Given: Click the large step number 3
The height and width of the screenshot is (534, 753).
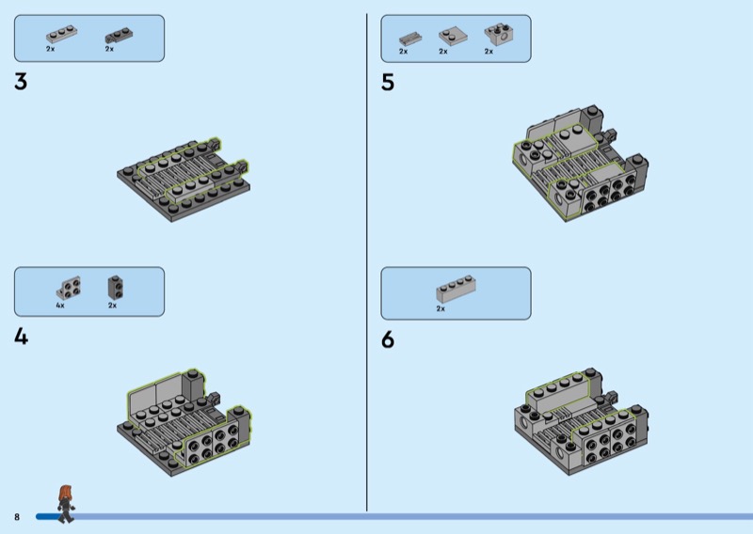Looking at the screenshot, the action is [x=21, y=81].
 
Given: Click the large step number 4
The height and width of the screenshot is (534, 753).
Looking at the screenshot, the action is [x=21, y=337].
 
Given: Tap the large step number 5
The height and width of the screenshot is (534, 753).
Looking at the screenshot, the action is [x=388, y=82].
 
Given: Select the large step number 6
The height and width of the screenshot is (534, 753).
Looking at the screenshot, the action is [x=388, y=339].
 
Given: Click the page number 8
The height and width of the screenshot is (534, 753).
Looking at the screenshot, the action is [x=17, y=517].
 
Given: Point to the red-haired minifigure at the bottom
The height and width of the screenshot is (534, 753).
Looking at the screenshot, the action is [x=66, y=504].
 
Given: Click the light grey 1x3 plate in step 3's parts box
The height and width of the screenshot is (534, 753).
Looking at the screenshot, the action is [x=61, y=34].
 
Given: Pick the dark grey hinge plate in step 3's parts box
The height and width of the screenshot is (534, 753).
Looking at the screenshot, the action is [x=119, y=36].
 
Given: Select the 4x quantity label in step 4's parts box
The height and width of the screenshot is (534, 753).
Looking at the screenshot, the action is [x=60, y=306].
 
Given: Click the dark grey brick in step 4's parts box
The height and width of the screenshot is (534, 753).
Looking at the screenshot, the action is [x=115, y=287].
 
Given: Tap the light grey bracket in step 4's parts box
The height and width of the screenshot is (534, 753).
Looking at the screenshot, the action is [x=68, y=288].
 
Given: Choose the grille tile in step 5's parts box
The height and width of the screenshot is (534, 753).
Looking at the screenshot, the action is [x=410, y=39].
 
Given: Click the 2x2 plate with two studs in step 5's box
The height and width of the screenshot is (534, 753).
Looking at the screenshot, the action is [x=453, y=36].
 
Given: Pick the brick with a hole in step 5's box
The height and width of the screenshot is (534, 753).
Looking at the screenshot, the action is [x=500, y=35].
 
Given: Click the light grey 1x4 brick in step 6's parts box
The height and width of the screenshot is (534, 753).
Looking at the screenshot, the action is [x=456, y=289].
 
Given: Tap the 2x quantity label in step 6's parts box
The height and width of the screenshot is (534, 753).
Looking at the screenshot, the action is [x=441, y=308].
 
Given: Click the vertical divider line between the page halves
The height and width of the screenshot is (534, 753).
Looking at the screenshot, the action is [x=367, y=262].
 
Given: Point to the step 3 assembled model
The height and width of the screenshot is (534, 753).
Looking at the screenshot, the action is [x=184, y=180].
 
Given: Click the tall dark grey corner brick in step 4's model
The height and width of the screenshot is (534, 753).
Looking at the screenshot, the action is [x=193, y=386].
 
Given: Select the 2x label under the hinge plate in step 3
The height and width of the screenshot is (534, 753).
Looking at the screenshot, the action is [x=109, y=49].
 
